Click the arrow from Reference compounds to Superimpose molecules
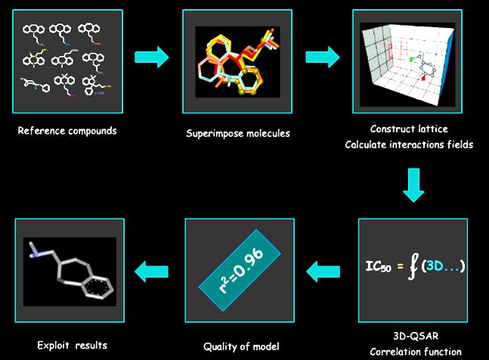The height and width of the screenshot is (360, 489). (152, 57)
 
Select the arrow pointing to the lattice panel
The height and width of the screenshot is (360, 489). (322, 57)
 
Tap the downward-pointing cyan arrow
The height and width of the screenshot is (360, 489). (413, 185)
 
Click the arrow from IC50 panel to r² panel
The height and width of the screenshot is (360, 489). (323, 272)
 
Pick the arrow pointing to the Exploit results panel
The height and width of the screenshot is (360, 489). (152, 272)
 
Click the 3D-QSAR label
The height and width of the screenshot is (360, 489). (416, 336)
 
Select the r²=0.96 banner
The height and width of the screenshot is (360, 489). (240, 270)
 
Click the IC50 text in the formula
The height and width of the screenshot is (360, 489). (379, 266)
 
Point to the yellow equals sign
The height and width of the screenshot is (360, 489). (400, 266)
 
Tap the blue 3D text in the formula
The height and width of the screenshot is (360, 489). (435, 265)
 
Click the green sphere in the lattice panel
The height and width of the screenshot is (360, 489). (410, 59)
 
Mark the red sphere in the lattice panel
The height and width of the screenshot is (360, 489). (423, 79)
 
